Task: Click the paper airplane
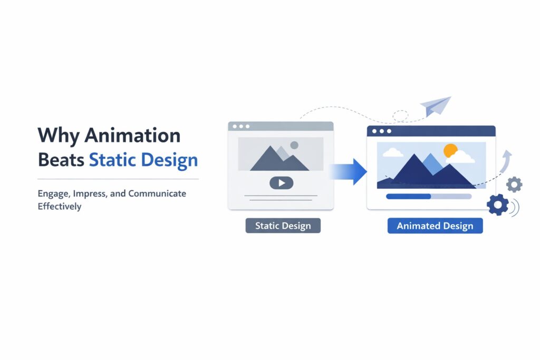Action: [x=436, y=106]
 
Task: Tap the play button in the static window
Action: [x=281, y=183]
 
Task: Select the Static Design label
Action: [x=283, y=226]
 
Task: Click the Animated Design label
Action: [x=435, y=226]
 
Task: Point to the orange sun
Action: [x=450, y=151]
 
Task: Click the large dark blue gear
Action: [x=498, y=205]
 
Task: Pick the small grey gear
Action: [x=514, y=184]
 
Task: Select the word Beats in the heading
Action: [x=61, y=160]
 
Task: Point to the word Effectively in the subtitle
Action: [x=59, y=206]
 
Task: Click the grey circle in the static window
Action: [x=294, y=145]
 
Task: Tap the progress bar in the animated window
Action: [x=429, y=196]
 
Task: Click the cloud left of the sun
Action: [x=392, y=153]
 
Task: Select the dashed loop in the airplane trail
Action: [x=400, y=115]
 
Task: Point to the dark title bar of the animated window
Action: [x=431, y=131]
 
